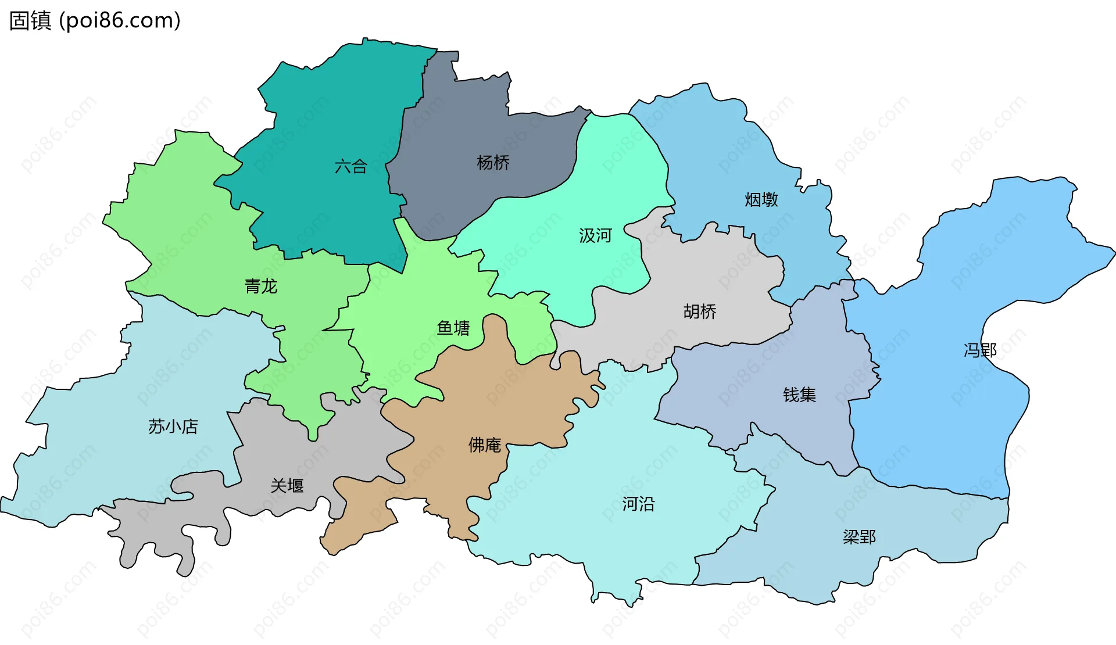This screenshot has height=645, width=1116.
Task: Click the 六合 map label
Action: [351, 167]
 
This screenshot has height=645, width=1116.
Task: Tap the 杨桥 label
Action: [493, 163]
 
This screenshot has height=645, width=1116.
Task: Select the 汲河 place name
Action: [595, 235]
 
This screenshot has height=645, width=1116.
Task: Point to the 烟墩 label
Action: [761, 200]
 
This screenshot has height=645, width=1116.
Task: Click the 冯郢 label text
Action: [980, 350]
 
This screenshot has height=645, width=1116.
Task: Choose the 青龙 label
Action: [261, 286]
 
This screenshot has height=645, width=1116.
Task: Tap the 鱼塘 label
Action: [453, 328]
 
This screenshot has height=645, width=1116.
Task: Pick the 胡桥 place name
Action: [700, 312]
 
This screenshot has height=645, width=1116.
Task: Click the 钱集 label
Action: [799, 395]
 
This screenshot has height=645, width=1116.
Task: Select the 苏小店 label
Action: [173, 427]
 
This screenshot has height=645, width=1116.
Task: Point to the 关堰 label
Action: [287, 486]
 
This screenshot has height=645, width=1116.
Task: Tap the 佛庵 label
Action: [485, 445]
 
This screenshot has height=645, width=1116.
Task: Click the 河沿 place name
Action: [638, 504]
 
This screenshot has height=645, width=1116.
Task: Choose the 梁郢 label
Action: [859, 537]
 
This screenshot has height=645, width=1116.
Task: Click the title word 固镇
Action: [30, 21]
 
